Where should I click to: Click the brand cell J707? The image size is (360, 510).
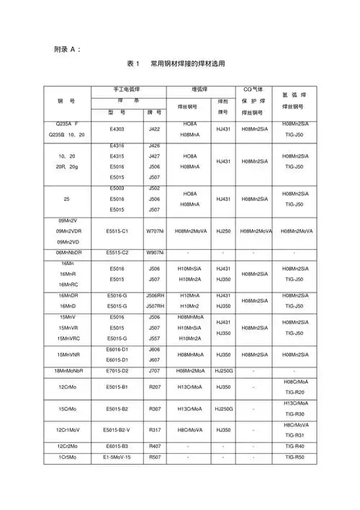[154, 371]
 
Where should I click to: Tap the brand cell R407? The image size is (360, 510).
[154, 447]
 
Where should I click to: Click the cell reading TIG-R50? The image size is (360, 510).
[294, 457]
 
